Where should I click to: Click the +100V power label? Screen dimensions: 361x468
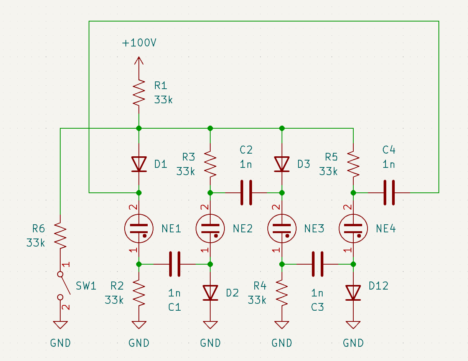point(139,43)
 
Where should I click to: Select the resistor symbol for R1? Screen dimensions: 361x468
point(139,93)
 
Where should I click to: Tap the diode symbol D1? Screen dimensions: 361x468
point(139,164)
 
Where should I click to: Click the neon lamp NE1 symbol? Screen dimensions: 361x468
point(139,229)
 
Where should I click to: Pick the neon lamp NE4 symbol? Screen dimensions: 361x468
point(353,229)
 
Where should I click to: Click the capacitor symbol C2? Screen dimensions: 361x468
point(246,192)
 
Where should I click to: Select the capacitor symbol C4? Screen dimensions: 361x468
point(389,192)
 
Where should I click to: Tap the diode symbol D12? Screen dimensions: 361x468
point(353,293)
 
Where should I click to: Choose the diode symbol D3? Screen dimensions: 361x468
point(282,164)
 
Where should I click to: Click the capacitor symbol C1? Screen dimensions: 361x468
point(175,264)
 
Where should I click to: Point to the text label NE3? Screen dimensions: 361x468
point(314,229)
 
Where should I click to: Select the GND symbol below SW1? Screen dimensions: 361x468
point(60,325)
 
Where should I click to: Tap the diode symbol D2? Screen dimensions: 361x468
point(210,293)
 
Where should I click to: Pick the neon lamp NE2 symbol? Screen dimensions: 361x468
point(210,229)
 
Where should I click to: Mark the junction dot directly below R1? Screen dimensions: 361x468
point(139,128)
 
